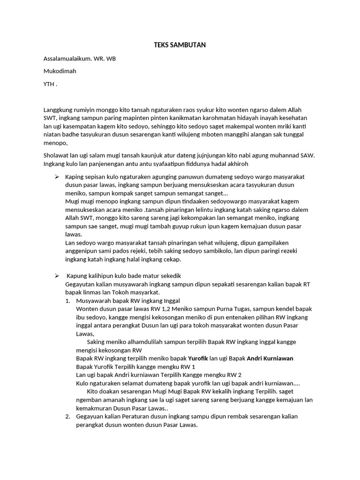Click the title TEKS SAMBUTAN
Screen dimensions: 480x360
point(180,45)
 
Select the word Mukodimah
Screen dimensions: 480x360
point(60,71)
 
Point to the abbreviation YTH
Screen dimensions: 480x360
point(49,84)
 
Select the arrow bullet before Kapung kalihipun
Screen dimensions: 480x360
point(56,276)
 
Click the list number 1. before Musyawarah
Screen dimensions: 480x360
point(67,300)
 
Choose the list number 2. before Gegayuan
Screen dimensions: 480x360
point(67,416)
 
